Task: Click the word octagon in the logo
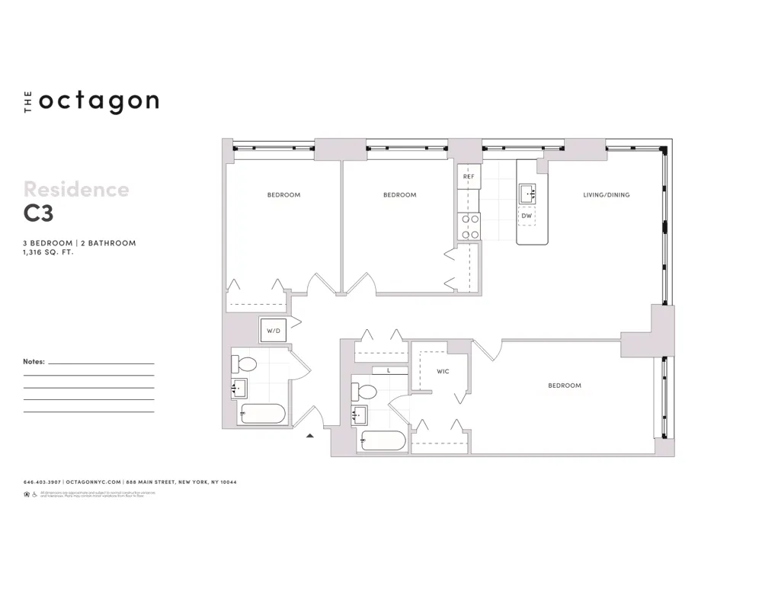98,101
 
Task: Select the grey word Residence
76,189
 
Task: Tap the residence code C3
38,214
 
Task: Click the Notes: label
34,362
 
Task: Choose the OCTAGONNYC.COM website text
93,482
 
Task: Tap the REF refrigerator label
469,177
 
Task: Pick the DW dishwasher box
527,216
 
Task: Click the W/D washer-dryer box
273,331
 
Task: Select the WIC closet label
443,372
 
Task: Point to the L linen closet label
389,370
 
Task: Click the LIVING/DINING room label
607,195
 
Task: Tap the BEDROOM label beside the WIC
565,386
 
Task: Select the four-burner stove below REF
469,226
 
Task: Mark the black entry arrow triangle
310,436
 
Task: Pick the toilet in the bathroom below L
366,392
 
